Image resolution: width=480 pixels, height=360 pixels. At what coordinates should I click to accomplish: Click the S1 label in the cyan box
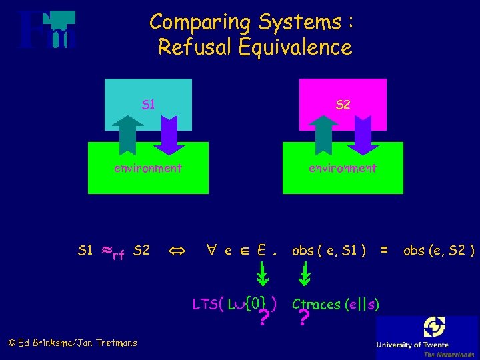tap(149, 105)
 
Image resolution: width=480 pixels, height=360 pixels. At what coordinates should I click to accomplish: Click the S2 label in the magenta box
tap(343, 105)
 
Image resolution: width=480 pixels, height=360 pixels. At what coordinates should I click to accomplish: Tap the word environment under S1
tap(148, 168)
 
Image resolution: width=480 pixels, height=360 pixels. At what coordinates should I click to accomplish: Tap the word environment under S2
tap(343, 168)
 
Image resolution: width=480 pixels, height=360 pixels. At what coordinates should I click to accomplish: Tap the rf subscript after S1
tap(118, 255)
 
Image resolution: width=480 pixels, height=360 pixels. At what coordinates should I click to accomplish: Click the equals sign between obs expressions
tap(383, 251)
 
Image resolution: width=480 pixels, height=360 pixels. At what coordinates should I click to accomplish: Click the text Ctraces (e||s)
tap(337, 305)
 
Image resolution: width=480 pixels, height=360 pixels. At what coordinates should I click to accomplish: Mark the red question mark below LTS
tap(264, 321)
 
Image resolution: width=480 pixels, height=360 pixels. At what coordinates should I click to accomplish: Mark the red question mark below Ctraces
tap(303, 321)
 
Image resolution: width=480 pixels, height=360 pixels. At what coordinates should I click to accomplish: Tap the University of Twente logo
tap(427, 337)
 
